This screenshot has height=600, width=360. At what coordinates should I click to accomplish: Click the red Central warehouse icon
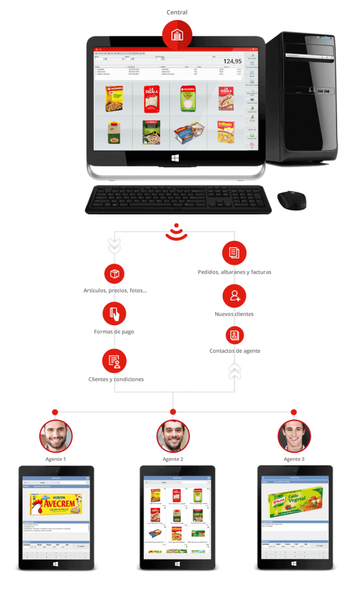(x=176, y=35)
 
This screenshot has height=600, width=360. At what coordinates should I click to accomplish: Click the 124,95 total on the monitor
(x=232, y=61)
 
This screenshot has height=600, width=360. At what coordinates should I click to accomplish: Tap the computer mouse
(x=291, y=200)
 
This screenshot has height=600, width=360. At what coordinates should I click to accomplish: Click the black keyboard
(x=178, y=199)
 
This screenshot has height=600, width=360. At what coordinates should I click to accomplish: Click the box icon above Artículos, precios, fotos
(x=114, y=274)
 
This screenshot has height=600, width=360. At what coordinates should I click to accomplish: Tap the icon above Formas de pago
(x=114, y=314)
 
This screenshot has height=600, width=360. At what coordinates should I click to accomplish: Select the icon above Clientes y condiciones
(x=114, y=361)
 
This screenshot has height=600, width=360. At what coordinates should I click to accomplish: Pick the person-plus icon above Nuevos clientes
(x=235, y=296)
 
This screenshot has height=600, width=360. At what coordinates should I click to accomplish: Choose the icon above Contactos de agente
(x=235, y=335)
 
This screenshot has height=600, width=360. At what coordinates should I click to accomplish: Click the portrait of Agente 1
(x=56, y=436)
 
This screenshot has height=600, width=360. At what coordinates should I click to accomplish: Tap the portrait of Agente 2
(x=173, y=436)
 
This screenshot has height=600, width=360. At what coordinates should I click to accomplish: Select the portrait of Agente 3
(x=294, y=436)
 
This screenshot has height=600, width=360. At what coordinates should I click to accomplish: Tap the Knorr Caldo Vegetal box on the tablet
(x=295, y=504)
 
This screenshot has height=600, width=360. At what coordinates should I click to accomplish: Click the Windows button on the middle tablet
(x=177, y=564)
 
